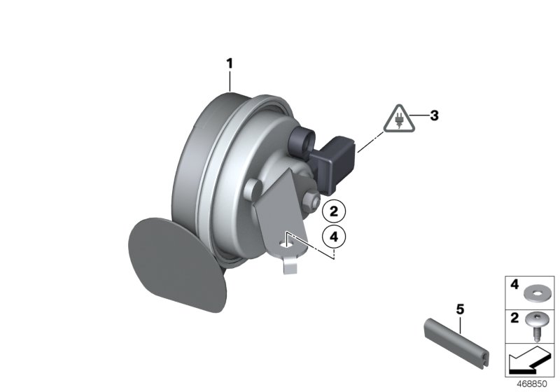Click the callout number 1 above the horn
(x=230, y=64)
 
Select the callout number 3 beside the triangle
(x=434, y=115)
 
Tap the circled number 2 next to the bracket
(x=334, y=211)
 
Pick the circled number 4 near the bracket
(x=334, y=237)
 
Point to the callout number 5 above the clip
(x=460, y=309)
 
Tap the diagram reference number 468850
(x=532, y=384)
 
